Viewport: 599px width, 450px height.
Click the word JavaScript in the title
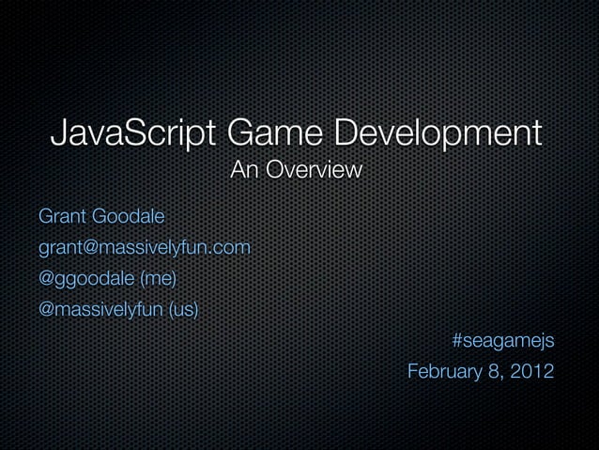pos(131,132)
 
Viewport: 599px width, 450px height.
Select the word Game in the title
pos(271,132)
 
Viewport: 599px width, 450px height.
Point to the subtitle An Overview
pos(297,172)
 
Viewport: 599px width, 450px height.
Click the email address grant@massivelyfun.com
pos(144,248)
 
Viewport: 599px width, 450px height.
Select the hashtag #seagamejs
pos(502,340)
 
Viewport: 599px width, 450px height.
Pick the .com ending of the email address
pos(231,248)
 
